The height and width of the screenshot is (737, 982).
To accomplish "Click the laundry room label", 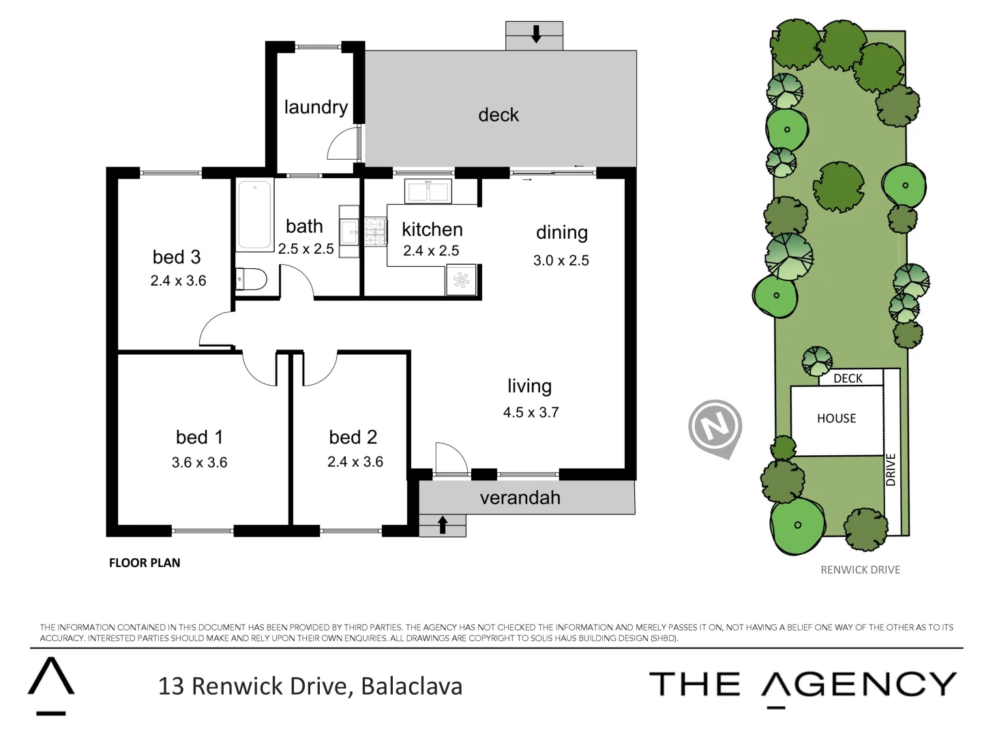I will coord(316,107).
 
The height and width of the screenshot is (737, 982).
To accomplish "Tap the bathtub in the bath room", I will coord(254,214).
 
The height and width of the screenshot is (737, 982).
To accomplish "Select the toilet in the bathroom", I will coord(251,279).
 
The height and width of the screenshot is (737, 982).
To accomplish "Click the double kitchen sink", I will coord(428,192).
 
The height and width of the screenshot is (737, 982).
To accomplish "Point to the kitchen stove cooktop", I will coord(375,231).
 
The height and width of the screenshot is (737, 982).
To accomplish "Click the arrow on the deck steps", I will coord(536,34).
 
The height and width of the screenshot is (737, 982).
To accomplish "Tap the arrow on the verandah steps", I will coord(443,525).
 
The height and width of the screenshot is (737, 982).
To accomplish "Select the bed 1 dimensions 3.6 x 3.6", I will coord(199,463).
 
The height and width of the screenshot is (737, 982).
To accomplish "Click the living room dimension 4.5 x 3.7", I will coord(531,412).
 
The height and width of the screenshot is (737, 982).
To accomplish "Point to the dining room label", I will coord(561,233).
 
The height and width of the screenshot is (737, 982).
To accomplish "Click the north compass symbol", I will coord(715,428).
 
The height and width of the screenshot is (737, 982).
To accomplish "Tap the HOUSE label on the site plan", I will coord(836,418).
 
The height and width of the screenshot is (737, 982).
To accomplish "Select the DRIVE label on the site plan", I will coord(891,469).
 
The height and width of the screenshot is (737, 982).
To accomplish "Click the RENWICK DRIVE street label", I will coord(860,570).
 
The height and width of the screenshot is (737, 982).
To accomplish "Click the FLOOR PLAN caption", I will coord(145,563).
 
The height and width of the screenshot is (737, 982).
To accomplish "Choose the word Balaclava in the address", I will coord(411,686).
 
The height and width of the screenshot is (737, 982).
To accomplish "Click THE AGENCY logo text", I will coord(802,684).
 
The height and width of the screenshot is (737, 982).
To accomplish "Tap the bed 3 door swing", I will coord(215,330).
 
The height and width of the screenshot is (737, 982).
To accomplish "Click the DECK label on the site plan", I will coord(848,378).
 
